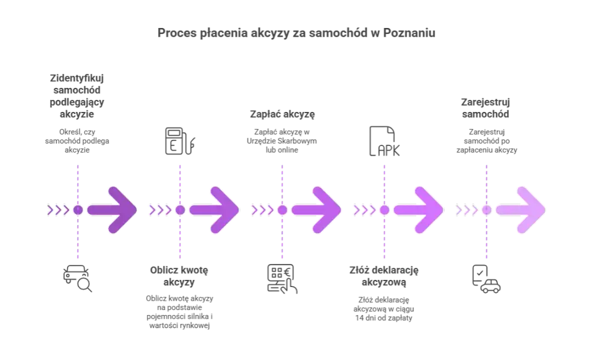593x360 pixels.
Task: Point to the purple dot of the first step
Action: [78, 210]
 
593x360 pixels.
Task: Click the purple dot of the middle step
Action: [282, 210]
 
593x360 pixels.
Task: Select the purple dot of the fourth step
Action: [384, 210]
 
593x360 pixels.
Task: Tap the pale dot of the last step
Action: [486, 210]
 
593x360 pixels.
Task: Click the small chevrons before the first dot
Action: [57, 210]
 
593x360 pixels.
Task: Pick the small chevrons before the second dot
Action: [159, 210]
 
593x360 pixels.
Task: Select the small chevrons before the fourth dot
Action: [363, 210]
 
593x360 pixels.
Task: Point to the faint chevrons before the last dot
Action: [466, 210]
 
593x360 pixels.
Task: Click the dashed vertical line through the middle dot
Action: [283, 241]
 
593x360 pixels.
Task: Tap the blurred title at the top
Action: [296, 33]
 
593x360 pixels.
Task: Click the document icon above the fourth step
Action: [384, 140]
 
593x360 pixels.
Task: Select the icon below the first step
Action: [77, 279]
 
